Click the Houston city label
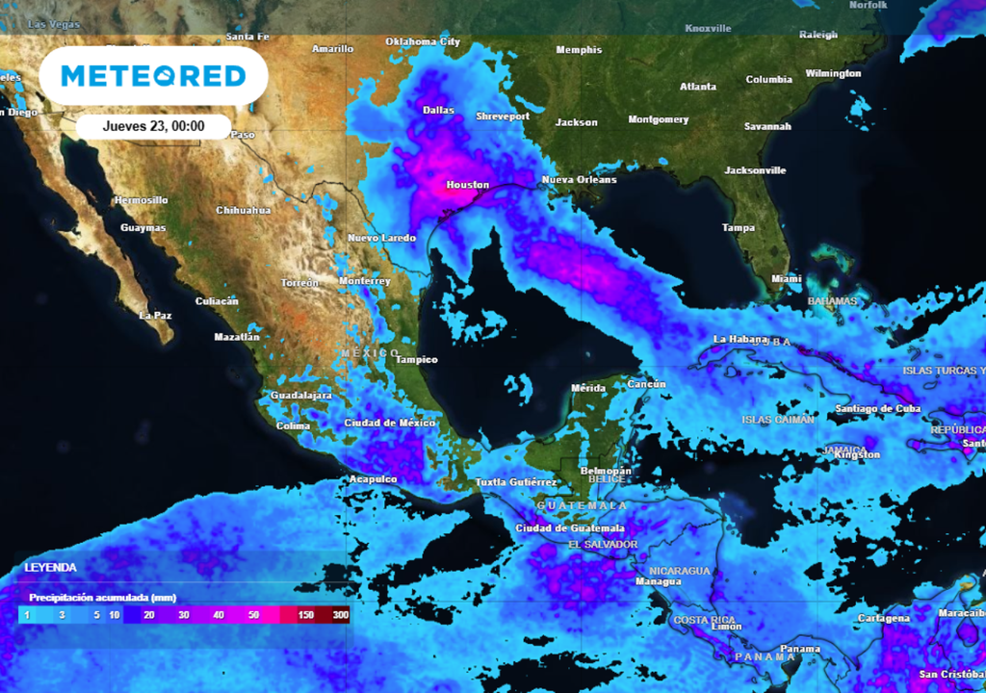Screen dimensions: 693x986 [468, 185]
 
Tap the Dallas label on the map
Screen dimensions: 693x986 [438, 110]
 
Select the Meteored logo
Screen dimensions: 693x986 [154, 76]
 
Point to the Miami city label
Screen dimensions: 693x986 [786, 279]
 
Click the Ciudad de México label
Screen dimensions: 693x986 [390, 423]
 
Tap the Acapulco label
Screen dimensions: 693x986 [373, 479]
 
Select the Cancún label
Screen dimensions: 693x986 [647, 385]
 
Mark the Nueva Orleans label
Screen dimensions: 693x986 [579, 180]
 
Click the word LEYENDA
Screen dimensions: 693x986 [50, 568]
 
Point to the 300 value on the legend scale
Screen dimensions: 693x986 [341, 615]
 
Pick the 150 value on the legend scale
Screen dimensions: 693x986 [306, 615]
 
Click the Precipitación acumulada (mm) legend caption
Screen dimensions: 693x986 [102, 598]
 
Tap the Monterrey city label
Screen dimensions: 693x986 [365, 281]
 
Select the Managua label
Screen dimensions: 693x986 [659, 581]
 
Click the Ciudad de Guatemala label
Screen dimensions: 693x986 [570, 528]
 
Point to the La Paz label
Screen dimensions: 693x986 [155, 315]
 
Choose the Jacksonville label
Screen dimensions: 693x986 [755, 170]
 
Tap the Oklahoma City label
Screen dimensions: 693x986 [423, 42]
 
